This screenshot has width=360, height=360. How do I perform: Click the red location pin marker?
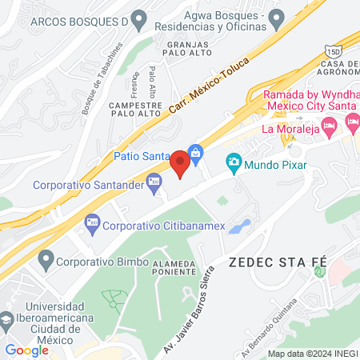point(181,164)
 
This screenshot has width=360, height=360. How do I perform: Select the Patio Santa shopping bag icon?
point(195,150)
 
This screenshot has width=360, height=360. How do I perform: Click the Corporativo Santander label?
point(88,185)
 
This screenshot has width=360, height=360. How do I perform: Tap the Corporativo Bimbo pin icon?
point(45,258)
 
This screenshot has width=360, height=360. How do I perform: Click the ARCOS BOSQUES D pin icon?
point(139,18)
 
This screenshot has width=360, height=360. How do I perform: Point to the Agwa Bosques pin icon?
point(276,16)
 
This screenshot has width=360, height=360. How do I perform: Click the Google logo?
point(27,350)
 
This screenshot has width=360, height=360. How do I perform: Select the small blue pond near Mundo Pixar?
point(239,226)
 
